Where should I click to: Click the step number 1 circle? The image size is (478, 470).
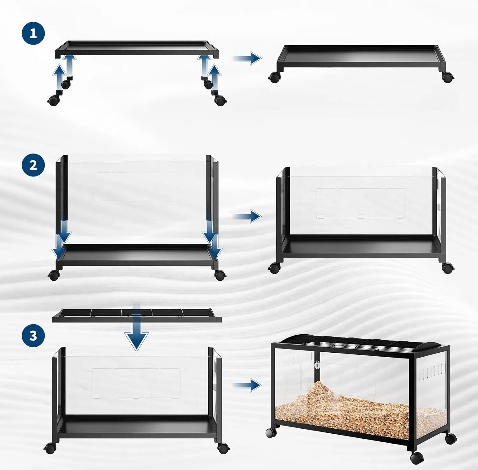click(33, 33)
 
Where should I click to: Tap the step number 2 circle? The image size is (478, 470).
click(33, 165)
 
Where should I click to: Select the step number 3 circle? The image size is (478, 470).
click(33, 336)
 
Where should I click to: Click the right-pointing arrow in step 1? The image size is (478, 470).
click(247, 58)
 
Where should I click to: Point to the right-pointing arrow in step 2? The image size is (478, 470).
click(247, 216)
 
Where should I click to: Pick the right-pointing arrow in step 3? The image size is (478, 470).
click(247, 385)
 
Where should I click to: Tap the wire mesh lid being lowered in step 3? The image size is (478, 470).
click(137, 315)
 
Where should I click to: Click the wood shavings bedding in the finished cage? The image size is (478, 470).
click(360, 411)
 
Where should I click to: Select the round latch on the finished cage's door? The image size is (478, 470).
click(317, 365)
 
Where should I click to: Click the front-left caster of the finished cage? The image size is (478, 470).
click(271, 432)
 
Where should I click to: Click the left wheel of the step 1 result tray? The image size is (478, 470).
click(274, 77)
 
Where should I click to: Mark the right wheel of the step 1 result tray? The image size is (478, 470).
click(448, 77)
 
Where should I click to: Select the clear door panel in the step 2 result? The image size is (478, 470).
click(360, 203)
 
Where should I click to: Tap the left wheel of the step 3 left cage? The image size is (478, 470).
click(50, 448)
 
